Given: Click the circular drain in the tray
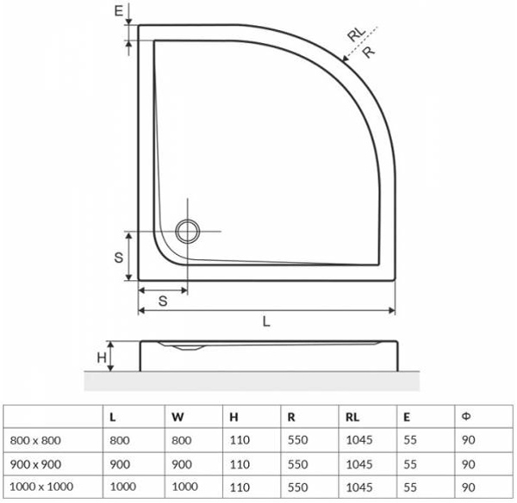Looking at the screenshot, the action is (188, 231).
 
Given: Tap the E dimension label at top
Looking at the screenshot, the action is (118, 11).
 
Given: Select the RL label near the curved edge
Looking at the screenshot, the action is (357, 34).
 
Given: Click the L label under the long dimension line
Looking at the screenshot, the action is (266, 321).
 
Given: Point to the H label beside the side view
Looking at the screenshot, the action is (102, 357).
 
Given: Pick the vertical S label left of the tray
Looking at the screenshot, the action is (119, 258).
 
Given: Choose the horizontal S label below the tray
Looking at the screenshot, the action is (163, 301).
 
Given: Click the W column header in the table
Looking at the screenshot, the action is (178, 417).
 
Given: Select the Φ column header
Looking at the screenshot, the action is (466, 417).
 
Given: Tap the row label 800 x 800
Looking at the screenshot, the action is (35, 440).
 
